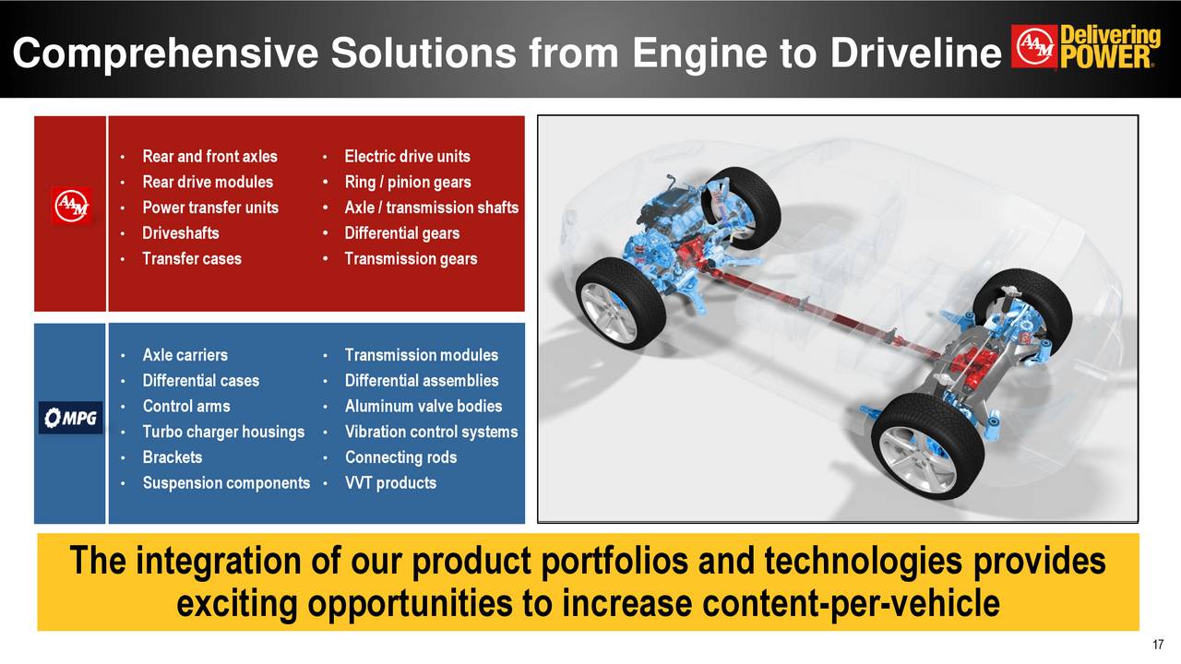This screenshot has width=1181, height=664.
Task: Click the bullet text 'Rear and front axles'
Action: [209, 157]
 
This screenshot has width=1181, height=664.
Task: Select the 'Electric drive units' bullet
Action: [407, 157]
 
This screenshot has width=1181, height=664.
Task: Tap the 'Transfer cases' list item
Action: [192, 259]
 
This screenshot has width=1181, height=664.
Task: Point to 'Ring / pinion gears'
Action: [407, 183]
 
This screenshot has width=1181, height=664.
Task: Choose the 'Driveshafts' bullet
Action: [181, 233]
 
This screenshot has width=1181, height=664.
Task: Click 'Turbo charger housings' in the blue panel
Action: [223, 432]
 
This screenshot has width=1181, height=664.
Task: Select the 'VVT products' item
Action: [390, 483]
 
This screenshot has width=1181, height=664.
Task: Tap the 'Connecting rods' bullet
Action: [400, 457]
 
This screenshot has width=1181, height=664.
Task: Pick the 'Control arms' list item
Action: [186, 406]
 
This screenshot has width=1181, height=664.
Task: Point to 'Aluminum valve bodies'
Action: [423, 406]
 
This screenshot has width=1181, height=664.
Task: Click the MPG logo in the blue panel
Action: [71, 418]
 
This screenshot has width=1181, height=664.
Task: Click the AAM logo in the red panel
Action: [71, 207]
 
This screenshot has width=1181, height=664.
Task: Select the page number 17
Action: [1160, 645]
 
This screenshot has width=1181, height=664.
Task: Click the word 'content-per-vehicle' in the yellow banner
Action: [850, 605]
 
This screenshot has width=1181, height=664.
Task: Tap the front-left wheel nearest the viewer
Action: [620, 302]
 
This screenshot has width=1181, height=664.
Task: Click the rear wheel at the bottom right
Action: [928, 446]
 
